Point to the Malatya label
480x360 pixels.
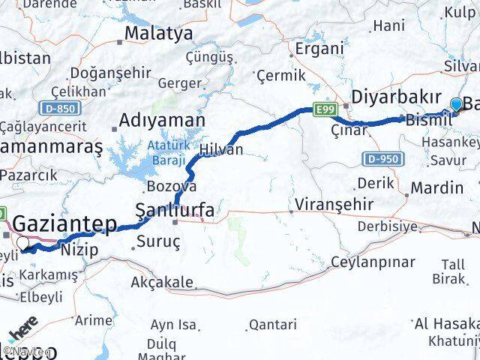click(158, 33)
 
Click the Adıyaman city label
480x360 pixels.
click(162, 120)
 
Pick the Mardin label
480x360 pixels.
click(438, 187)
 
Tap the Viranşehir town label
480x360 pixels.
click(328, 204)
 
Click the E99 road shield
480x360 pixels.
click(325, 110)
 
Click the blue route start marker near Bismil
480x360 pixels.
click(455, 104)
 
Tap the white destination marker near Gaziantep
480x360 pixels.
click(24, 242)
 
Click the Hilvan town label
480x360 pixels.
click(221, 150)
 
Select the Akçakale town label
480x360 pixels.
click(162, 283)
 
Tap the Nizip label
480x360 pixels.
click(79, 250)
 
